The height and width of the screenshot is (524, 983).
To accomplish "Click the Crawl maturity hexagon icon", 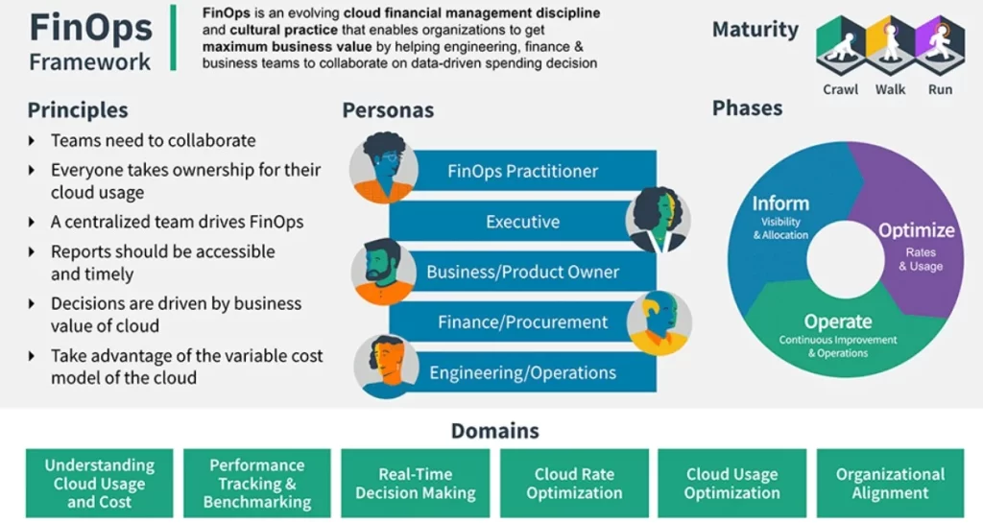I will coord(841,44).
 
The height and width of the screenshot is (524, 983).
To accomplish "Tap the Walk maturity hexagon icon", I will coord(890,44).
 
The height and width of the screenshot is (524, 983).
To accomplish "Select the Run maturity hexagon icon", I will coord(939,44).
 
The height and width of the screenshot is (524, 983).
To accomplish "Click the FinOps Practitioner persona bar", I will coord(522,172).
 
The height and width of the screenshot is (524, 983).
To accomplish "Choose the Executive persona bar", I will coord(509,222).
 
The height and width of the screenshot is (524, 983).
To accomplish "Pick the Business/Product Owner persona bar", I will coord(522,272).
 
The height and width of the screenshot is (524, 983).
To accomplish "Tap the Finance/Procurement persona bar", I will coord(509,322).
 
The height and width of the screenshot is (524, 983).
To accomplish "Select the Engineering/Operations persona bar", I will coord(522,372).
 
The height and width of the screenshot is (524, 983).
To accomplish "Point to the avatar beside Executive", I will coord(658,220).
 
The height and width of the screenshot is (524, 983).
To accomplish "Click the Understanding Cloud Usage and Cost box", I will coord(99,484).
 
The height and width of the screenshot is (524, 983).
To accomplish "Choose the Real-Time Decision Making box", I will coord(415,484).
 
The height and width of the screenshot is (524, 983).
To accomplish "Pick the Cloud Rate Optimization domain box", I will coord(574,484).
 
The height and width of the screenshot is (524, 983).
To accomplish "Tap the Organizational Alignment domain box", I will coord(890,484).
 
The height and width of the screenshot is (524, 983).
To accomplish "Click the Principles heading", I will coord(78,110).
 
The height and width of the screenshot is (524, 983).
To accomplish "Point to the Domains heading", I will coord(494,431).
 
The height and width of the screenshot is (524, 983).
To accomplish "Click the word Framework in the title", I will coord(90,61).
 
